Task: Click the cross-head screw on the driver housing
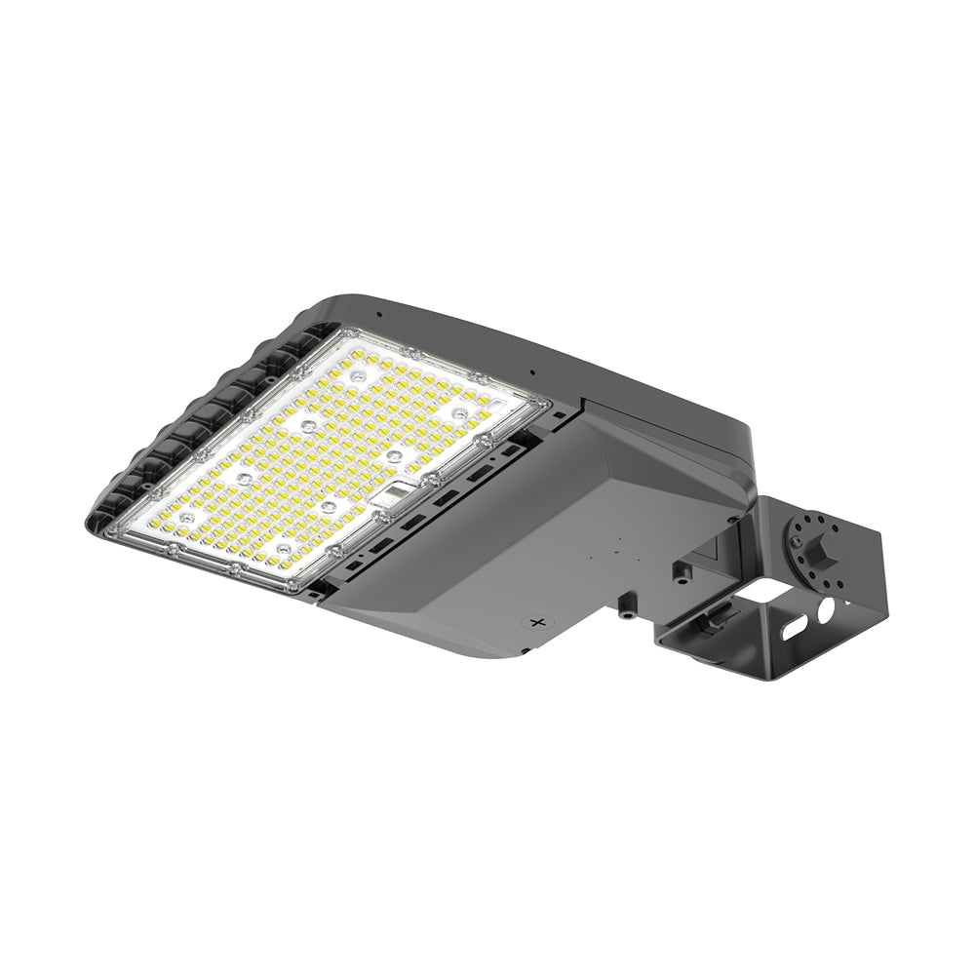coord(533,620)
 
